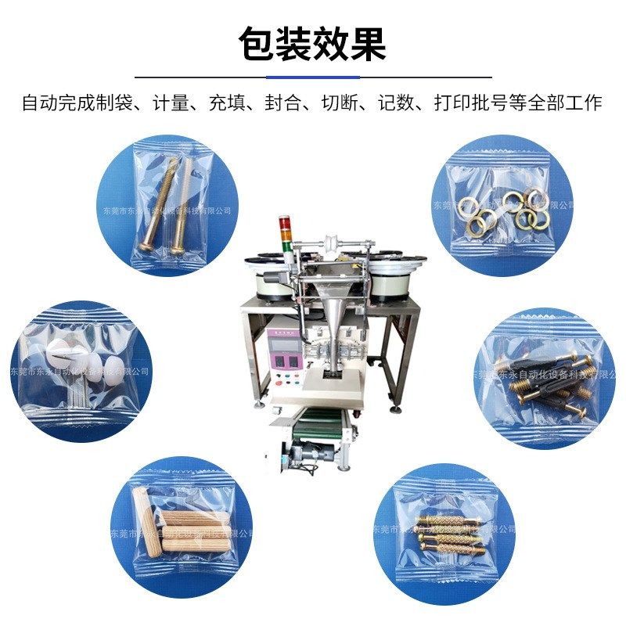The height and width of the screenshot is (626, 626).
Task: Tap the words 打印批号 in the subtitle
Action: (465, 103)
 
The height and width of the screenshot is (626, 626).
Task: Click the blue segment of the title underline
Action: (313, 77)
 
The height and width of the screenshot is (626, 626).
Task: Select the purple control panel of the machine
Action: (285, 350)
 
